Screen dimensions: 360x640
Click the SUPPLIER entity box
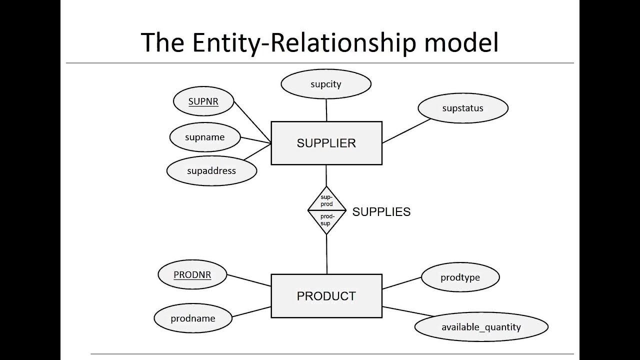[x=326, y=143]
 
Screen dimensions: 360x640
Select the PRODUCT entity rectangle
[x=326, y=296]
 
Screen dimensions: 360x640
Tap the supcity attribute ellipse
[x=326, y=84]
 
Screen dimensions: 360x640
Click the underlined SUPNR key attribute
[x=203, y=101]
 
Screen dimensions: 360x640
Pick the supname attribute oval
[x=205, y=137]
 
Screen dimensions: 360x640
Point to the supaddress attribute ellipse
[x=211, y=170]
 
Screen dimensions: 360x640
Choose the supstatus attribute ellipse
[x=462, y=108]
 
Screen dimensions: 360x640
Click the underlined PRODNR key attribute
[x=192, y=275]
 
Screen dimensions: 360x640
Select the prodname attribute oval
[x=193, y=318]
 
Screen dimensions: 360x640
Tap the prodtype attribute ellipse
[x=460, y=277]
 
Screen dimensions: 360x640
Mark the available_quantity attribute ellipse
[x=481, y=327]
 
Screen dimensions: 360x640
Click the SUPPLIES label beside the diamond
[x=381, y=212]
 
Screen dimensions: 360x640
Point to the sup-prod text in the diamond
[x=326, y=201]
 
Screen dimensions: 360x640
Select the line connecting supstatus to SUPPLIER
[x=406, y=131]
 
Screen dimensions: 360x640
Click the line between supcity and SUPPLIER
[x=326, y=110]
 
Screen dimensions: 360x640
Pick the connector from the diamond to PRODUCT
[x=327, y=254]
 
